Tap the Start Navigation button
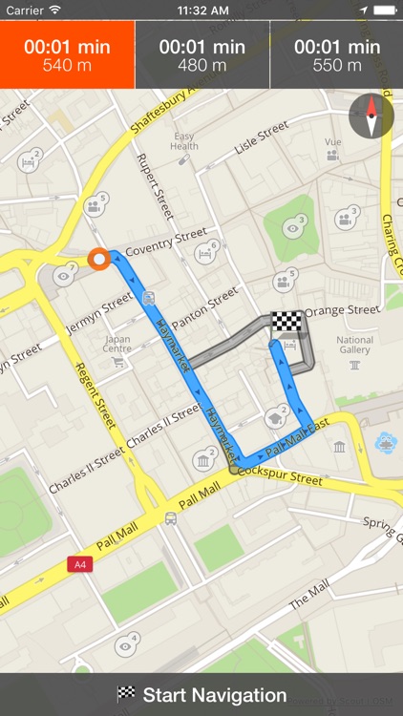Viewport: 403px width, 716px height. pyautogui.click(x=201, y=695)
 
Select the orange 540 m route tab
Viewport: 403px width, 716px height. pyautogui.click(x=67, y=55)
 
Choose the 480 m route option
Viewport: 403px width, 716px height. pyautogui.click(x=201, y=55)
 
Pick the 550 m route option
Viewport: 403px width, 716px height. pyautogui.click(x=336, y=55)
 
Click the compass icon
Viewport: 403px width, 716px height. pyautogui.click(x=371, y=116)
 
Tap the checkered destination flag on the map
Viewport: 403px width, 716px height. pyautogui.click(x=286, y=322)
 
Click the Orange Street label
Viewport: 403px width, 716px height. pyautogui.click(x=343, y=310)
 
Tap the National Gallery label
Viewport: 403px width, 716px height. pyautogui.click(x=354, y=345)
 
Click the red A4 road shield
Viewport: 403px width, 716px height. pyautogui.click(x=80, y=564)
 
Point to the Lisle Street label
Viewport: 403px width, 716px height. pyautogui.click(x=261, y=138)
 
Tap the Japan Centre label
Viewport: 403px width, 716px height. pyautogui.click(x=117, y=343)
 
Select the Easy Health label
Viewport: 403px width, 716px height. pyautogui.click(x=184, y=140)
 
